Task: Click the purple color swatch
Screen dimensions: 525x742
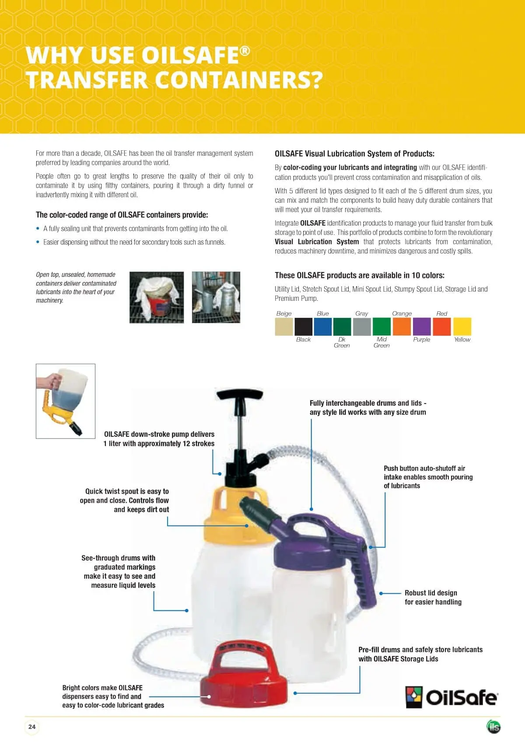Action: pos(422,327)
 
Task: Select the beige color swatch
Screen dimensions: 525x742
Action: pos(283,327)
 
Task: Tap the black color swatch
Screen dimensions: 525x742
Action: pos(303,327)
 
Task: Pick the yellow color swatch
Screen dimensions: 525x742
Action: pos(462,327)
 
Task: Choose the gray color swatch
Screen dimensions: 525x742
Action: pos(362,327)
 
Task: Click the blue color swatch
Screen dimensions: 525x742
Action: pos(323,327)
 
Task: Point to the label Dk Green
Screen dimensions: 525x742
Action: pos(342,342)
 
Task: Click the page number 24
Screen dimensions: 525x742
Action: pos(32,726)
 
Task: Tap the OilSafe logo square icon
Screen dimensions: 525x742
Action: pos(414,697)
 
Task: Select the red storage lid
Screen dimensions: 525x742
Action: pos(244,674)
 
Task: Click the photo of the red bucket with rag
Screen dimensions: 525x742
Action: pos(157,297)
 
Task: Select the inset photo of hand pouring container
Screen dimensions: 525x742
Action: pos(66,401)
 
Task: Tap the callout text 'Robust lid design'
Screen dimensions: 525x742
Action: pos(431,593)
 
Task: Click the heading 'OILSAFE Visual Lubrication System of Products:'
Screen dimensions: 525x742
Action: pos(354,154)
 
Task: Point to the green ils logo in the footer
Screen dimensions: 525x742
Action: pos(493,727)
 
